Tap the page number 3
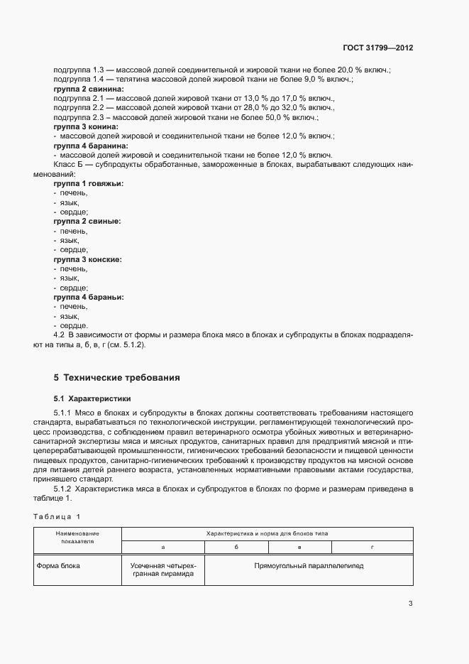pyautogui.click(x=410, y=604)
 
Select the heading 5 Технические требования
pyautogui.click(x=117, y=377)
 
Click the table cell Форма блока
pyautogui.click(x=60, y=566)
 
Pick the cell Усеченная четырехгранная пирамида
pyautogui.click(x=162, y=570)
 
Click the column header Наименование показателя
pyautogui.click(x=78, y=537)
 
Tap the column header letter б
pyautogui.click(x=236, y=547)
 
